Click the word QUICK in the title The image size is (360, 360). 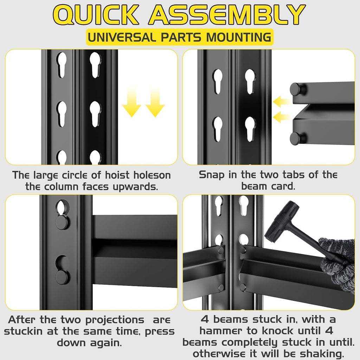96,14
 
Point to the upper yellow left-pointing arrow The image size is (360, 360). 282,102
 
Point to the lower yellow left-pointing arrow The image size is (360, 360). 282,117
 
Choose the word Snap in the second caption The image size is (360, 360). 212,175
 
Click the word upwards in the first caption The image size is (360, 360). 135,187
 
